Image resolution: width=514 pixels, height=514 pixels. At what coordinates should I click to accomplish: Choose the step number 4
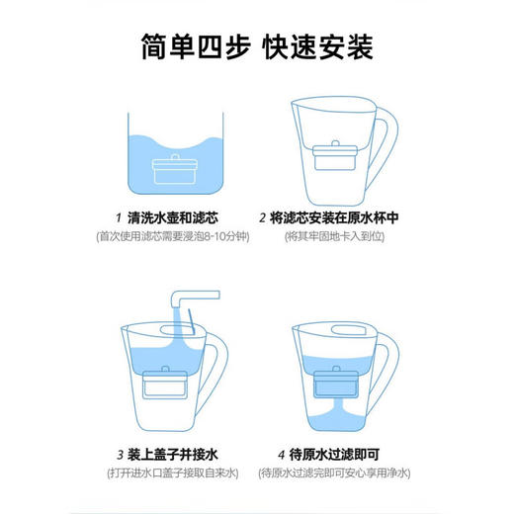tap(280, 456)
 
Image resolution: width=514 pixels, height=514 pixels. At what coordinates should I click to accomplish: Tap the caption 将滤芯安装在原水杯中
tap(332, 218)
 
